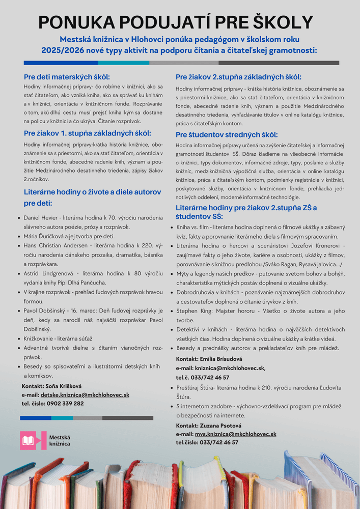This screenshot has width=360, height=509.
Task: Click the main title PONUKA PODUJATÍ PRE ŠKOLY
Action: [176, 22]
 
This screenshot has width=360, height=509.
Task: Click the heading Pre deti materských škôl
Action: [67, 77]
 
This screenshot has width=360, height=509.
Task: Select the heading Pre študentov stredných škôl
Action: [227, 135]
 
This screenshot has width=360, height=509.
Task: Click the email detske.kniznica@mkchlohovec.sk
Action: [85, 394]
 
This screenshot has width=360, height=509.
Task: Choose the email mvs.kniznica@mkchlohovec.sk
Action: [235, 434]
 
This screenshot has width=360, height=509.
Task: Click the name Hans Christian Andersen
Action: [58, 245]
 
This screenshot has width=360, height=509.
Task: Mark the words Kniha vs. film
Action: [193, 227]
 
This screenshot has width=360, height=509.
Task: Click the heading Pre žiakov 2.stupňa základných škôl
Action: [238, 77]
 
